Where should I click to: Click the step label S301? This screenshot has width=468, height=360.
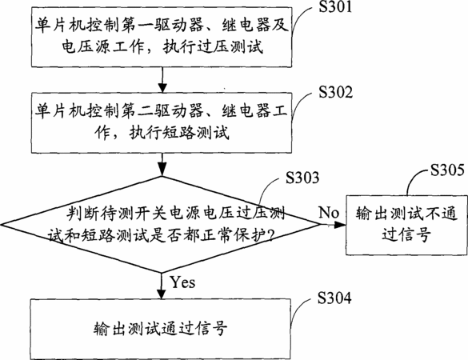click(335, 6)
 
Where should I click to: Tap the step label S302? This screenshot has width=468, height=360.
click(335, 92)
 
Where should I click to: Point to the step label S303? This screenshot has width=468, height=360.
click(302, 178)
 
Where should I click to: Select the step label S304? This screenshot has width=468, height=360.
click(334, 298)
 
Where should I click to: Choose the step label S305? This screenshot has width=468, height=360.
click(447, 170)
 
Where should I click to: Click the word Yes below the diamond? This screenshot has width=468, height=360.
click(182, 282)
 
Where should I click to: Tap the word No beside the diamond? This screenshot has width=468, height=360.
click(329, 213)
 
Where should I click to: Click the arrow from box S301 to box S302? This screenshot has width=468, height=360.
click(162, 80)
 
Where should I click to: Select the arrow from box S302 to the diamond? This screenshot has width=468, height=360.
click(162, 165)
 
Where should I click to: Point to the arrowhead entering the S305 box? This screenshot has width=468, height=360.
click(340, 225)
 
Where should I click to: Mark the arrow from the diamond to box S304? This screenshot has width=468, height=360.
click(161, 286)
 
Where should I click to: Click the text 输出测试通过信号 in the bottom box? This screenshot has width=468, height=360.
click(161, 329)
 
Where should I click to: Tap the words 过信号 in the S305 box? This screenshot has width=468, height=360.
click(406, 234)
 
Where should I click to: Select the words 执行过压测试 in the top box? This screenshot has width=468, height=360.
click(214, 47)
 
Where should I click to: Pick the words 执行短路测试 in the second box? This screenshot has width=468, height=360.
click(179, 133)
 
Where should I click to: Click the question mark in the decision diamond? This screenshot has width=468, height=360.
click(271, 235)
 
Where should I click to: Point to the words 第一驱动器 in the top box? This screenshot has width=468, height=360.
click(162, 25)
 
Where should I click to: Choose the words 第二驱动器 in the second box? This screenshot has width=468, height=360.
click(162, 110)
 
